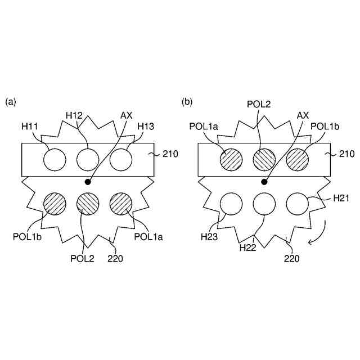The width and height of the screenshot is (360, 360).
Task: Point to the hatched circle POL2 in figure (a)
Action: point(88,203)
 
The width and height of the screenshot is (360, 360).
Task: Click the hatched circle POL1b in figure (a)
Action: point(55,203)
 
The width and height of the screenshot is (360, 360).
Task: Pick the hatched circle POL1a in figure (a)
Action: point(121,203)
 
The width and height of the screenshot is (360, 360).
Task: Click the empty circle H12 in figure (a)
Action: point(88,160)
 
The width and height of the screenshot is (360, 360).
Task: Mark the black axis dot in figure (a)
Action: point(88,182)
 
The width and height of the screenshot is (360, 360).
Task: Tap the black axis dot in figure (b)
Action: point(264,182)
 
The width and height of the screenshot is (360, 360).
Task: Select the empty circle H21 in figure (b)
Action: point(298,203)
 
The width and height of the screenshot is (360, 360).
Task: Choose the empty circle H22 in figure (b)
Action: point(264,203)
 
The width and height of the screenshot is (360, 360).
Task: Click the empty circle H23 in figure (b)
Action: point(231,203)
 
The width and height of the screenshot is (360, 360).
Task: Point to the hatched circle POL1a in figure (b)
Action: point(231,160)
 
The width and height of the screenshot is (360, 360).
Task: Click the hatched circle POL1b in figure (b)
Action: point(298,160)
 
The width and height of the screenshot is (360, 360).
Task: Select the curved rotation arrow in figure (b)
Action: point(318,234)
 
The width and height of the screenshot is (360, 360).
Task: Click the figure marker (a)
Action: point(11,102)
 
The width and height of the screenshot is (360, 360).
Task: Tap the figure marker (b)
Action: point(187,102)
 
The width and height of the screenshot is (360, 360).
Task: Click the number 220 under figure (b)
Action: point(291,259)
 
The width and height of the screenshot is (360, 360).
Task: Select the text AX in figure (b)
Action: point(303,115)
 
